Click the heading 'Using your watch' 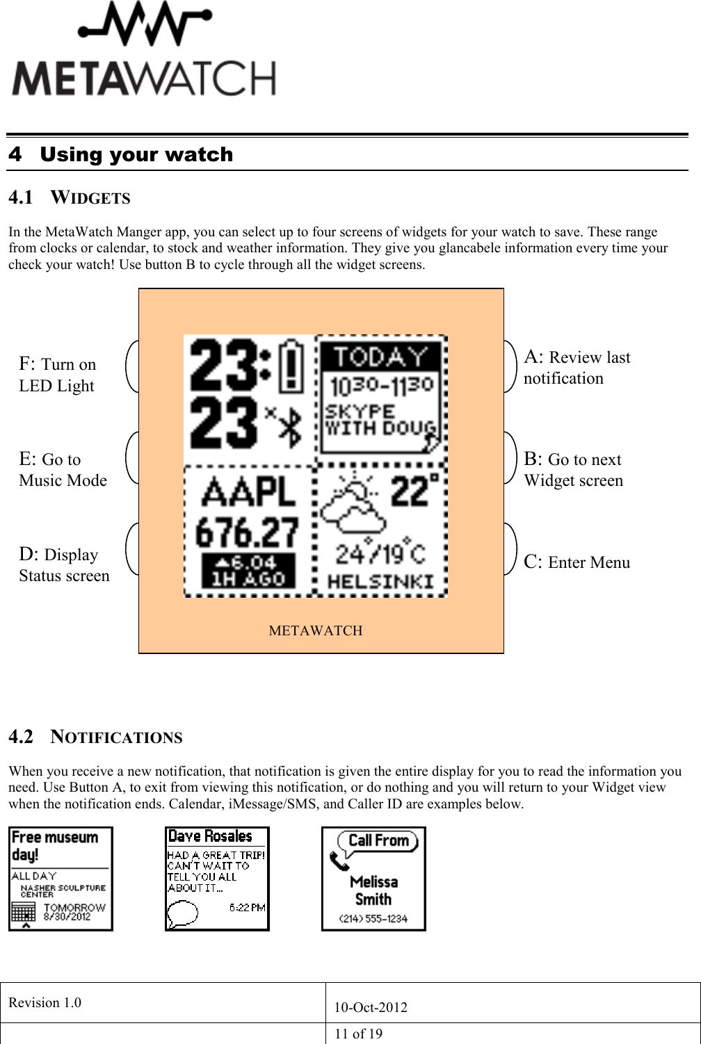136,154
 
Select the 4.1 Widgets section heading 70,198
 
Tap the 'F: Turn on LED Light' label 57,375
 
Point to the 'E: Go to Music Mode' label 63,470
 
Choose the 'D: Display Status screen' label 64,565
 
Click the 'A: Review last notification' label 577,368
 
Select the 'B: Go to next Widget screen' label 573,470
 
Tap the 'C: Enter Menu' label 577,562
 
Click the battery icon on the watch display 291,364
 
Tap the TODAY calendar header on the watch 380,357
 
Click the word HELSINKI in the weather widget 380,582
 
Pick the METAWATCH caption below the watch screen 316,630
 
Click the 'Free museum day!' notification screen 61,879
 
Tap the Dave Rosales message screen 217,879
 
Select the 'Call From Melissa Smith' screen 373,879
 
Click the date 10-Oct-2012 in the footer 371,1007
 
